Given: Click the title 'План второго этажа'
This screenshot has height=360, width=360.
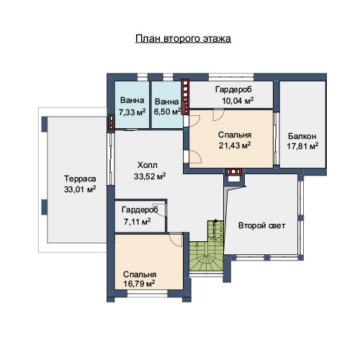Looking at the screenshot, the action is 183,38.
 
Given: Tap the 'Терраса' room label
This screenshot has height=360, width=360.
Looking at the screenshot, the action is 80,179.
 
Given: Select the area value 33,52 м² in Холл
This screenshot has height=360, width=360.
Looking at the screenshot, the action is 150,176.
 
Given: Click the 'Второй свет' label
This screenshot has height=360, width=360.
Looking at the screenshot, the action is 261,225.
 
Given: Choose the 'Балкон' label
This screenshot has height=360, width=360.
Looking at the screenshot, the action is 302,136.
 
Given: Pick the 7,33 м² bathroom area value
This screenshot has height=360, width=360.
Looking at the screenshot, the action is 132,112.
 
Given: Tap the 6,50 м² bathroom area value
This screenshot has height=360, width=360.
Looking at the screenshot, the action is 167,112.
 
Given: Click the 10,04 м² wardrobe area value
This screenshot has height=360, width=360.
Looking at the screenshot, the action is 238,101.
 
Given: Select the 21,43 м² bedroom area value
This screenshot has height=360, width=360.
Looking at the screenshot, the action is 235,145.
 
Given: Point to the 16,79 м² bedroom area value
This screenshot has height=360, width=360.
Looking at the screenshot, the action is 139,284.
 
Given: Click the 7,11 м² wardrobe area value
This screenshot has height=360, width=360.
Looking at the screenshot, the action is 138,222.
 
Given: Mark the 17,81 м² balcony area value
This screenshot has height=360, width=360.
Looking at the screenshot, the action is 302,146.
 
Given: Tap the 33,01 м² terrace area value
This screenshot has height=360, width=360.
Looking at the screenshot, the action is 80,189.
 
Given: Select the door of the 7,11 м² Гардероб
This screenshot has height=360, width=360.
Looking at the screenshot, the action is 161,209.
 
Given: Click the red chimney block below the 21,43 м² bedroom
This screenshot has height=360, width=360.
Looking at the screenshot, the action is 233,171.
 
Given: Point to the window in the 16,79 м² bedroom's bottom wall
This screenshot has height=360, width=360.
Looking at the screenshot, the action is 148,293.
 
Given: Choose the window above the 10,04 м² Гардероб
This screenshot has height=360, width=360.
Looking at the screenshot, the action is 231,77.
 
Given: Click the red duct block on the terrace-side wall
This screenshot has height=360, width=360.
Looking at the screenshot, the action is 112,122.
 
